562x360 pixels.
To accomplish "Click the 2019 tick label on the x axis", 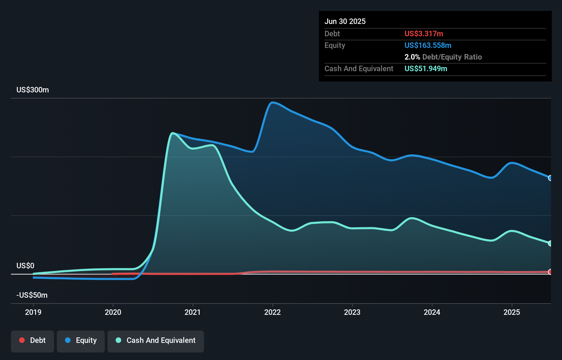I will click(33, 312).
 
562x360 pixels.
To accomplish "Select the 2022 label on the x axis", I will click(272, 312).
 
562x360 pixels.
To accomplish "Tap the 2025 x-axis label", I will click(512, 312).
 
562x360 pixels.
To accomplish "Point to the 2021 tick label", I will click(193, 312).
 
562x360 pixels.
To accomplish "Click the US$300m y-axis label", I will click(33, 90).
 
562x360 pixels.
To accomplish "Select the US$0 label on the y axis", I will click(25, 266).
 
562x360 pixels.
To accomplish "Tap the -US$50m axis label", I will click(32, 295).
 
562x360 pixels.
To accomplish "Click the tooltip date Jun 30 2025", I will click(345, 21).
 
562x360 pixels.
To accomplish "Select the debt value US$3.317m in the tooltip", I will click(424, 34).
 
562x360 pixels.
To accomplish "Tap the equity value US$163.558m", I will click(428, 45).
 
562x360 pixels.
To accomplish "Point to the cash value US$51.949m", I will click(426, 68).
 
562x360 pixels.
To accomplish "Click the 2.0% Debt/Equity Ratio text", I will click(443, 57).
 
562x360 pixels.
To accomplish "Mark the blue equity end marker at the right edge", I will click(550, 178).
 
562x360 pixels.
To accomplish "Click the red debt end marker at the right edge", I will click(550, 272).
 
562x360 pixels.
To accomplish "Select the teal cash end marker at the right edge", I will click(550, 243).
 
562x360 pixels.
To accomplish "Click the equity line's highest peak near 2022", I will click(272, 102).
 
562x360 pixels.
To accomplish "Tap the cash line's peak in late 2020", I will click(173, 133).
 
